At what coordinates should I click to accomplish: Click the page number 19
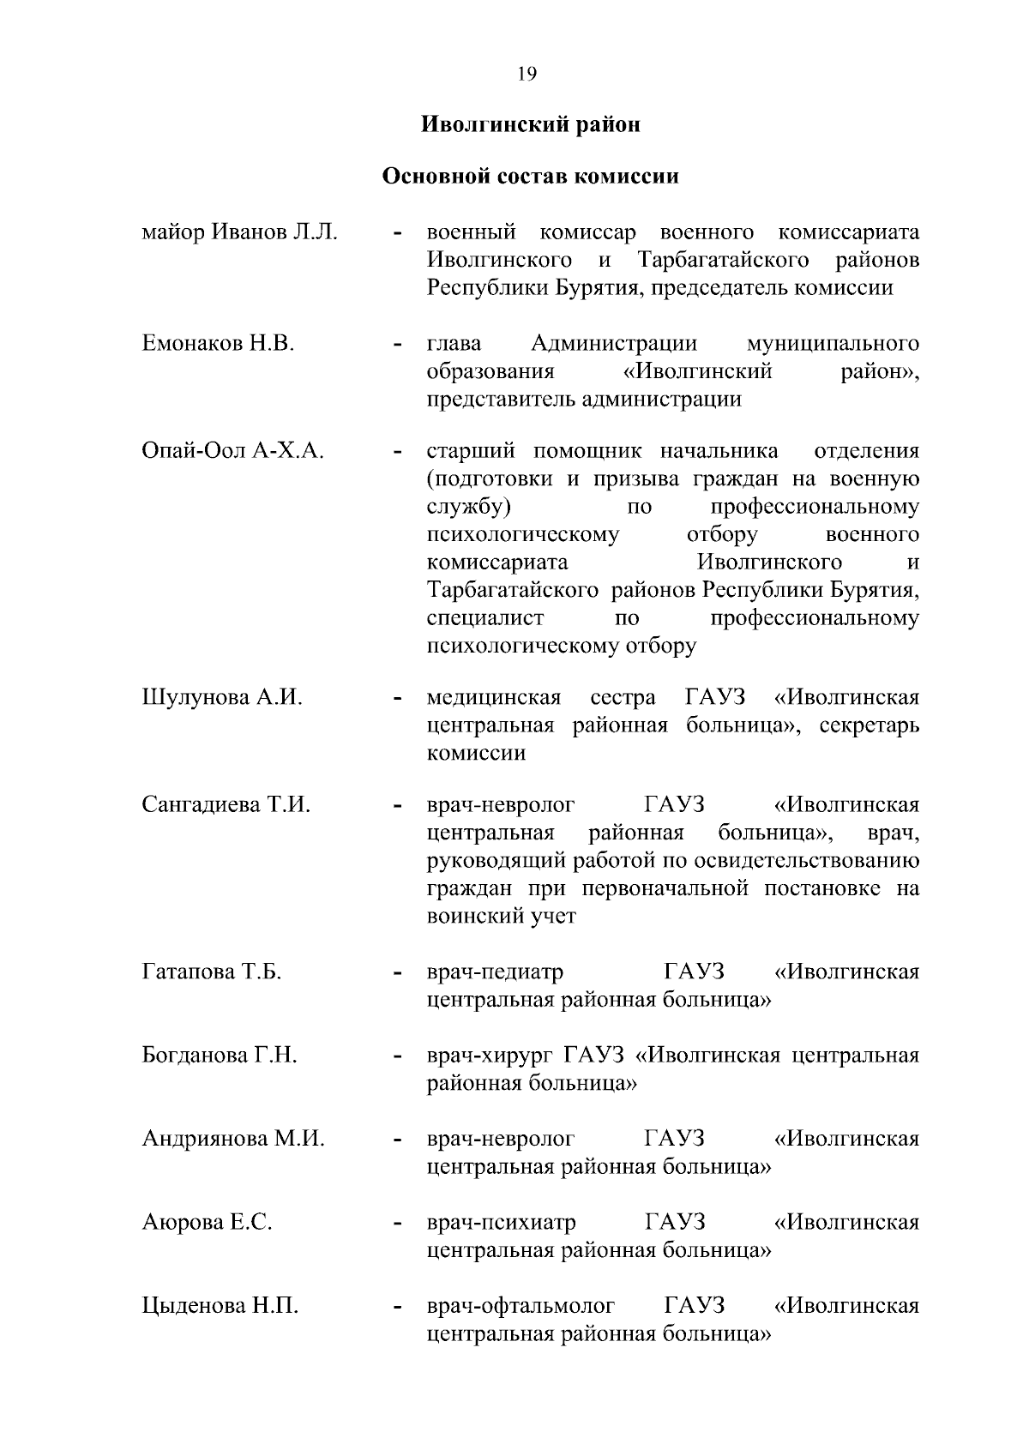tap(527, 75)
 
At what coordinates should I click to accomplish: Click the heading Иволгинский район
tap(531, 125)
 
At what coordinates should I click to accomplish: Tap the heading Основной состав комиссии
tap(530, 177)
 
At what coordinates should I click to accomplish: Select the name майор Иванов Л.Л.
tap(239, 233)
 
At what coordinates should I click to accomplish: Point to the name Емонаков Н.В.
tap(218, 345)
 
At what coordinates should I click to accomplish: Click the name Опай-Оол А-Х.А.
tap(232, 452)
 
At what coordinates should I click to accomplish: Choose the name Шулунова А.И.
tap(222, 698)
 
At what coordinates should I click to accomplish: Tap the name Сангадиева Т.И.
tap(226, 805)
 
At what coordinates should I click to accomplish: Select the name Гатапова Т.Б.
tap(212, 972)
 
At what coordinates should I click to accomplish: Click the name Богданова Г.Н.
tap(220, 1056)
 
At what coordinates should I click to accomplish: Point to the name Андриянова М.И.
tap(233, 1140)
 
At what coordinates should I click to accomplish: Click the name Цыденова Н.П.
tap(220, 1307)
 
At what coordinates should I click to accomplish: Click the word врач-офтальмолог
tap(521, 1307)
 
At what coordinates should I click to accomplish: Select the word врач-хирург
tap(490, 1056)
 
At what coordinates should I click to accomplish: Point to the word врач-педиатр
tap(495, 972)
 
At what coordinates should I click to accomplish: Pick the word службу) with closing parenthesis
tap(468, 507)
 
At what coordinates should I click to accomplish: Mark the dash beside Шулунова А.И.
tap(396, 700)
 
